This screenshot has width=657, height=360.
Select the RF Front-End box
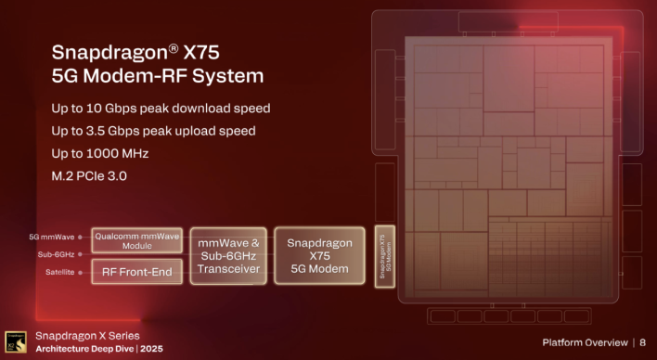pos(137,270)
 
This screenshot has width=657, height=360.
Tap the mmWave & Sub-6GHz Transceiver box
pos(228,255)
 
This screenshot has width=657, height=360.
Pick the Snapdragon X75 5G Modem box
pos(319,255)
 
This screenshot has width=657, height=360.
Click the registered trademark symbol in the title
pos(184,44)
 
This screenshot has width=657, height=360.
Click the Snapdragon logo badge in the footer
pos(16,341)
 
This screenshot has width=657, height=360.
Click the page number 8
pos(643,342)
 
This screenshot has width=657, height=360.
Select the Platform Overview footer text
pos(583,342)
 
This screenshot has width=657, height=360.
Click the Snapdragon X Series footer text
pos(87,335)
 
